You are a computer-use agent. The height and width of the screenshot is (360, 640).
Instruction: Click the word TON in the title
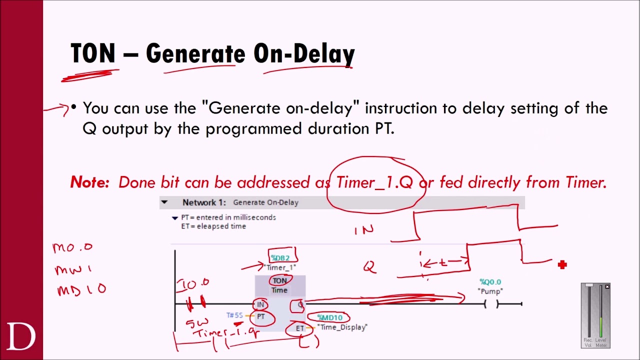pos(93,53)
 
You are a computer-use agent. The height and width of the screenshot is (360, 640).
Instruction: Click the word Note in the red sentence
pos(89,182)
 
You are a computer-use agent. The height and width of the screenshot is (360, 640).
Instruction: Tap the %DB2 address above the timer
pos(280,258)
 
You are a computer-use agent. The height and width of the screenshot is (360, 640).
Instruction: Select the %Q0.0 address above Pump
pos(490,282)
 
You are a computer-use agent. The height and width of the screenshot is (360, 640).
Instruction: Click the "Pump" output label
pos(490,291)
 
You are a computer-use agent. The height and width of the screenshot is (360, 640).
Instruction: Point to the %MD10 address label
pos(330,317)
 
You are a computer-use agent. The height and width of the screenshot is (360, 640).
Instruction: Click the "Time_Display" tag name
pos(342,327)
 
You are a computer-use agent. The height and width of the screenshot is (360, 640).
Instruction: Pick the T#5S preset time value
pos(234,315)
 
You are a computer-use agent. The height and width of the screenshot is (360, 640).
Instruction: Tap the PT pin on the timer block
pos(261,317)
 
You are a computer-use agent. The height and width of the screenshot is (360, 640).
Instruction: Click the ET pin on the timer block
pos(299,328)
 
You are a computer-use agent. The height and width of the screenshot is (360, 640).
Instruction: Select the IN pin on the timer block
pos(260,304)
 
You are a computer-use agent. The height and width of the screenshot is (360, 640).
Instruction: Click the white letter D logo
pos(21,336)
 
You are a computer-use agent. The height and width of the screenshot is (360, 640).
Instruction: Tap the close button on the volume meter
pos(607,286)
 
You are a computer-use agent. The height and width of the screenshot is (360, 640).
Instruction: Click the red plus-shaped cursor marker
pos(562,265)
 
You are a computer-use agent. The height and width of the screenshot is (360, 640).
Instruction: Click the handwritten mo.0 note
pos(72,247)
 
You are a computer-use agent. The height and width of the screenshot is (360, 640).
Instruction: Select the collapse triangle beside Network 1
pos(164,202)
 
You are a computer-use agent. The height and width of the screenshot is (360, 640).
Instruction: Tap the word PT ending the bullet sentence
pos(384,129)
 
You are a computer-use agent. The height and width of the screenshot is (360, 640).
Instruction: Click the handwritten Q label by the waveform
pos(369,267)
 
